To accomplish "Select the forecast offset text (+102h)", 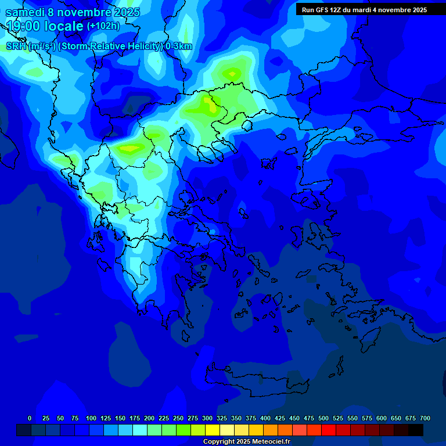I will click(x=104, y=26).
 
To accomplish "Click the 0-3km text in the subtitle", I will click(x=178, y=46).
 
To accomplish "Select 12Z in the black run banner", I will click(x=337, y=10).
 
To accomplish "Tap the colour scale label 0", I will click(x=30, y=418).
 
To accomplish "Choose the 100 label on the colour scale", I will click(x=91, y=418).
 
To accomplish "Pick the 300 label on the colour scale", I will click(x=207, y=418).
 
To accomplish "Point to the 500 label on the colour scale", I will click(x=323, y=418).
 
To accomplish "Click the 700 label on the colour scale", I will click(x=425, y=418).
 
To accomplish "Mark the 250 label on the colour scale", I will click(x=178, y=418).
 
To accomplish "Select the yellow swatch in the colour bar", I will click(x=213, y=430).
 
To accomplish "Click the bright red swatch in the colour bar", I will click(x=329, y=430).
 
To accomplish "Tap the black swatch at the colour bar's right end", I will click(x=416, y=430).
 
